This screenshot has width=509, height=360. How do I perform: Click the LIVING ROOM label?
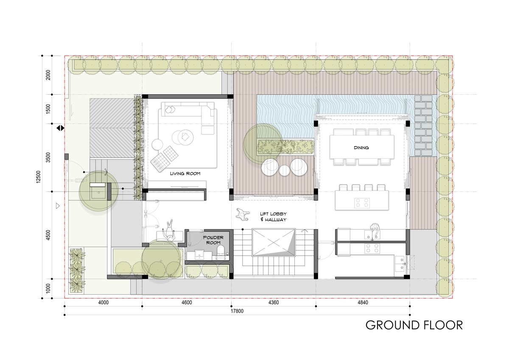click(x=185, y=174)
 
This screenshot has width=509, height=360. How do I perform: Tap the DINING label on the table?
click(x=361, y=148)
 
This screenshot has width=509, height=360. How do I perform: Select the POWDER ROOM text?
click(x=213, y=240)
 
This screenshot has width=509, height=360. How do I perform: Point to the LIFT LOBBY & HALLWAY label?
click(x=273, y=217)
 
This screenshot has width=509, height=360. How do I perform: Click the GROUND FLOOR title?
click(x=414, y=325)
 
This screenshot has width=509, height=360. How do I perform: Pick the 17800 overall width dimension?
click(x=237, y=311)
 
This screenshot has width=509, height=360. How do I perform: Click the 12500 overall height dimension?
click(x=38, y=177)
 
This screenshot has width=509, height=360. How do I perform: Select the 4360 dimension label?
click(x=273, y=302)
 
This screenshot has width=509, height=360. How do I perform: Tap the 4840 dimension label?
click(x=363, y=302)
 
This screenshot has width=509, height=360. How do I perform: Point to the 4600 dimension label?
click(x=187, y=302)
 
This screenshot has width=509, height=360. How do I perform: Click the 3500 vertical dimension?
click(x=48, y=157)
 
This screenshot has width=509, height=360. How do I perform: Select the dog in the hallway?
click(x=243, y=214)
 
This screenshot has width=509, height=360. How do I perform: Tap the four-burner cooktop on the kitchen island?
click(x=362, y=203)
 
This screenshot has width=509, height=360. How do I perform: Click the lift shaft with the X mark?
click(x=273, y=242)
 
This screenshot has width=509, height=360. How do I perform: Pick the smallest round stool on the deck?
click(x=284, y=171)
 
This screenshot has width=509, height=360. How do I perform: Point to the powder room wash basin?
click(x=199, y=255)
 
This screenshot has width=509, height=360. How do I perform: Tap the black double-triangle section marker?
click(x=60, y=128)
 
